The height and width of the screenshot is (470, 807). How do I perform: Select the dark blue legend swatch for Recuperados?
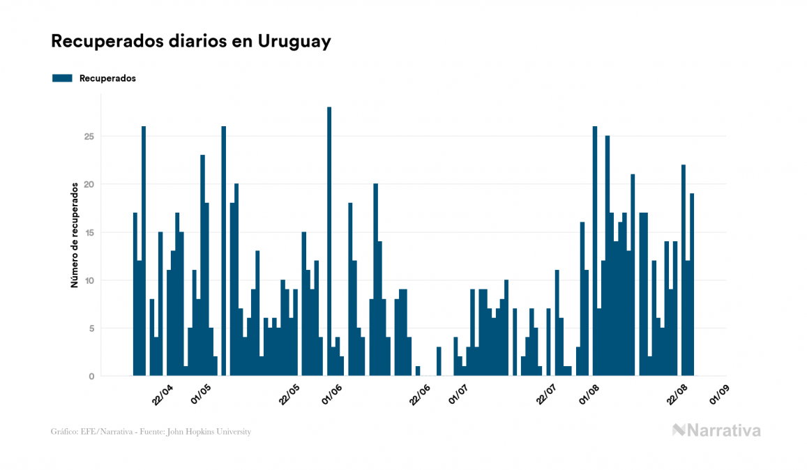click(x=63, y=78)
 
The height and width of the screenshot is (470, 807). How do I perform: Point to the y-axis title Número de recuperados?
click(x=74, y=235)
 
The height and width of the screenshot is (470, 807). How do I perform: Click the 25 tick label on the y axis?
click(x=89, y=136)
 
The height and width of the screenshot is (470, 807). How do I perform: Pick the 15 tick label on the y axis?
click(x=89, y=232)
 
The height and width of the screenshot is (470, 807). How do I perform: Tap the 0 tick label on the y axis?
click(x=91, y=377)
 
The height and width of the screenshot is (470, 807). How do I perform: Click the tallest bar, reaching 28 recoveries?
click(x=329, y=241)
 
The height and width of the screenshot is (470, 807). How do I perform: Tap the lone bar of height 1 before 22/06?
click(x=418, y=371)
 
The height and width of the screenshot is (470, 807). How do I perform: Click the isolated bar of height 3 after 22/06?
click(x=439, y=361)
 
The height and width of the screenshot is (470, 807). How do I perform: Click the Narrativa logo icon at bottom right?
click(x=679, y=430)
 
